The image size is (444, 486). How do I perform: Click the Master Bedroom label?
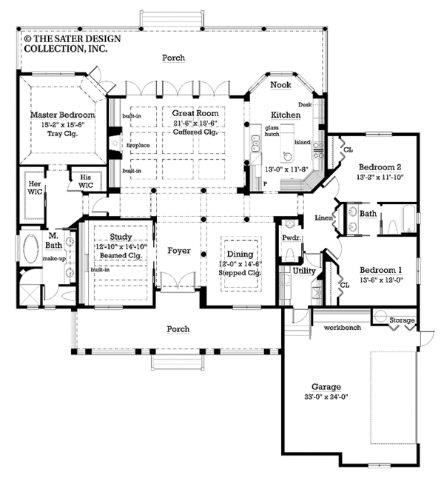[x=63, y=115]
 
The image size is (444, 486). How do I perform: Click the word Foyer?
[x=178, y=251]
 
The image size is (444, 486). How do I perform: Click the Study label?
[x=121, y=237]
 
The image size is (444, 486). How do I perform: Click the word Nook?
[x=280, y=86]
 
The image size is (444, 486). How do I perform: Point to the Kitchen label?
[x=284, y=115]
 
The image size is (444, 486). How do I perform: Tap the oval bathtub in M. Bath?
[x=31, y=249]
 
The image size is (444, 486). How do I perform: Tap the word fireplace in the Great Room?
[x=138, y=145]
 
